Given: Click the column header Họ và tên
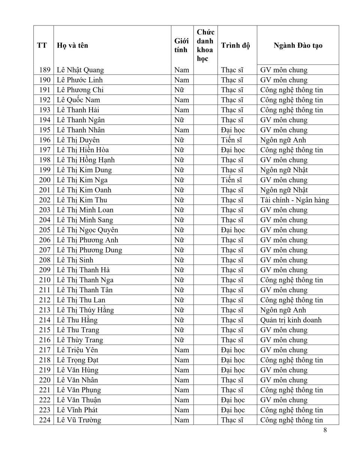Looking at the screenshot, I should pyautogui.click(x=72, y=45).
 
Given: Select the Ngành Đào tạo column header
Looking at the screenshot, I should pyautogui.click(x=298, y=45).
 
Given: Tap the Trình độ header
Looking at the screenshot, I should pyautogui.click(x=235, y=45).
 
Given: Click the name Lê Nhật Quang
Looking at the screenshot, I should pyautogui.click(x=80, y=70).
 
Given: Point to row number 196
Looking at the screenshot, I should pyautogui.click(x=45, y=140).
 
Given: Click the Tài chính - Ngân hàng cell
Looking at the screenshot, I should pyautogui.click(x=294, y=200).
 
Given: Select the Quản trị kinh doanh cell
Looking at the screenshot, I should pyautogui.click(x=291, y=320).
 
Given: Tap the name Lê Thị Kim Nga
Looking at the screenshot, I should pyautogui.click(x=82, y=180).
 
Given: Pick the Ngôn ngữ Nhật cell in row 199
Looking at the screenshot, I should pyautogui.click(x=284, y=170).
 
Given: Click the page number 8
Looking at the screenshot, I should pyautogui.click(x=325, y=430).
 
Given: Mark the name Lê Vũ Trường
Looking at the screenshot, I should pyautogui.click(x=79, y=420).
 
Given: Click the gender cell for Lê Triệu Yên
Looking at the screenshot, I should pyautogui.click(x=181, y=350).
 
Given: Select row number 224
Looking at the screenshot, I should pyautogui.click(x=45, y=420).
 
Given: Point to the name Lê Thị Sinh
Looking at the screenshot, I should pyautogui.click(x=75, y=260).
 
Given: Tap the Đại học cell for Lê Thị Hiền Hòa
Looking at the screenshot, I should pyautogui.click(x=232, y=150).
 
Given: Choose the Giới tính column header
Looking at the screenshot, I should pyautogui.click(x=181, y=45).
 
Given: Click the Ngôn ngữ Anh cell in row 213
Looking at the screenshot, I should pyautogui.click(x=283, y=310).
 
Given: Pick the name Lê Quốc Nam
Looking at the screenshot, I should pyautogui.click(x=78, y=100).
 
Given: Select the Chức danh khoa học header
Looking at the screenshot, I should pyautogui.click(x=205, y=45).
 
